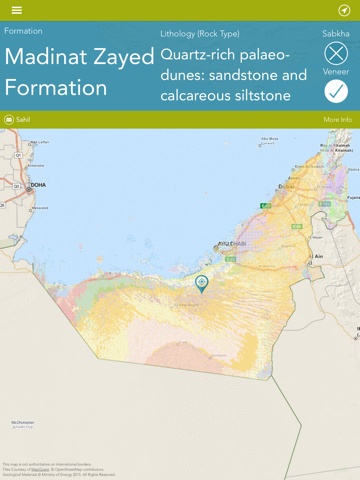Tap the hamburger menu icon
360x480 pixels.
click(16, 10)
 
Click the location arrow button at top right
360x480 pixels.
click(344, 10)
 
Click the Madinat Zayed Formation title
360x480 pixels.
click(79, 71)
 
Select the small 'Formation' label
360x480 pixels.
click(23, 31)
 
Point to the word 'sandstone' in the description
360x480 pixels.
click(271, 74)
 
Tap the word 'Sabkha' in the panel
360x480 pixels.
click(336, 33)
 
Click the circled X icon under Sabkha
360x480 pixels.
click(337, 53)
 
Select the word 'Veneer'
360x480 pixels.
click(336, 72)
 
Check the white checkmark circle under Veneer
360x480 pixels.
click(337, 92)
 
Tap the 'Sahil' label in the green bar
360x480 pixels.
click(23, 119)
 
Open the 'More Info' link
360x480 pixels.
click(337, 119)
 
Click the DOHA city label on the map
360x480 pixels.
click(38, 185)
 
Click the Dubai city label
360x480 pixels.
click(287, 186)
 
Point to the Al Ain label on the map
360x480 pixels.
click(319, 256)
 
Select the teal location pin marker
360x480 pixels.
click(202, 283)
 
